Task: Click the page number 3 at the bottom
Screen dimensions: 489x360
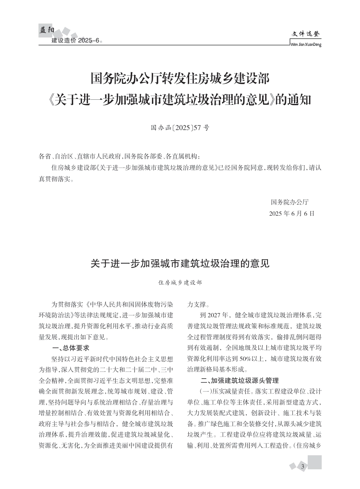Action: click(303, 466)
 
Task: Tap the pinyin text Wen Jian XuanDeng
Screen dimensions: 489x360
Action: click(305, 44)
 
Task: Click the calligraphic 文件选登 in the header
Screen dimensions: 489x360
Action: click(306, 34)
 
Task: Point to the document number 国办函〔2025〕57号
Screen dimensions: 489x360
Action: click(180, 128)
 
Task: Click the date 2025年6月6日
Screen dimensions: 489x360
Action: click(292, 213)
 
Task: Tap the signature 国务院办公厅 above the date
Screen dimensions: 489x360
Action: click(290, 202)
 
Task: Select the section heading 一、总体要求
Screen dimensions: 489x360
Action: click(70, 348)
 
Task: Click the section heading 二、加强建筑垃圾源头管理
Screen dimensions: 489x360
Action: click(239, 380)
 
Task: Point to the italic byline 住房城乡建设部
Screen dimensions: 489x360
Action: click(180, 282)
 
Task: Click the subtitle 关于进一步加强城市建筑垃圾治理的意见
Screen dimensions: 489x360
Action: click(180, 263)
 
